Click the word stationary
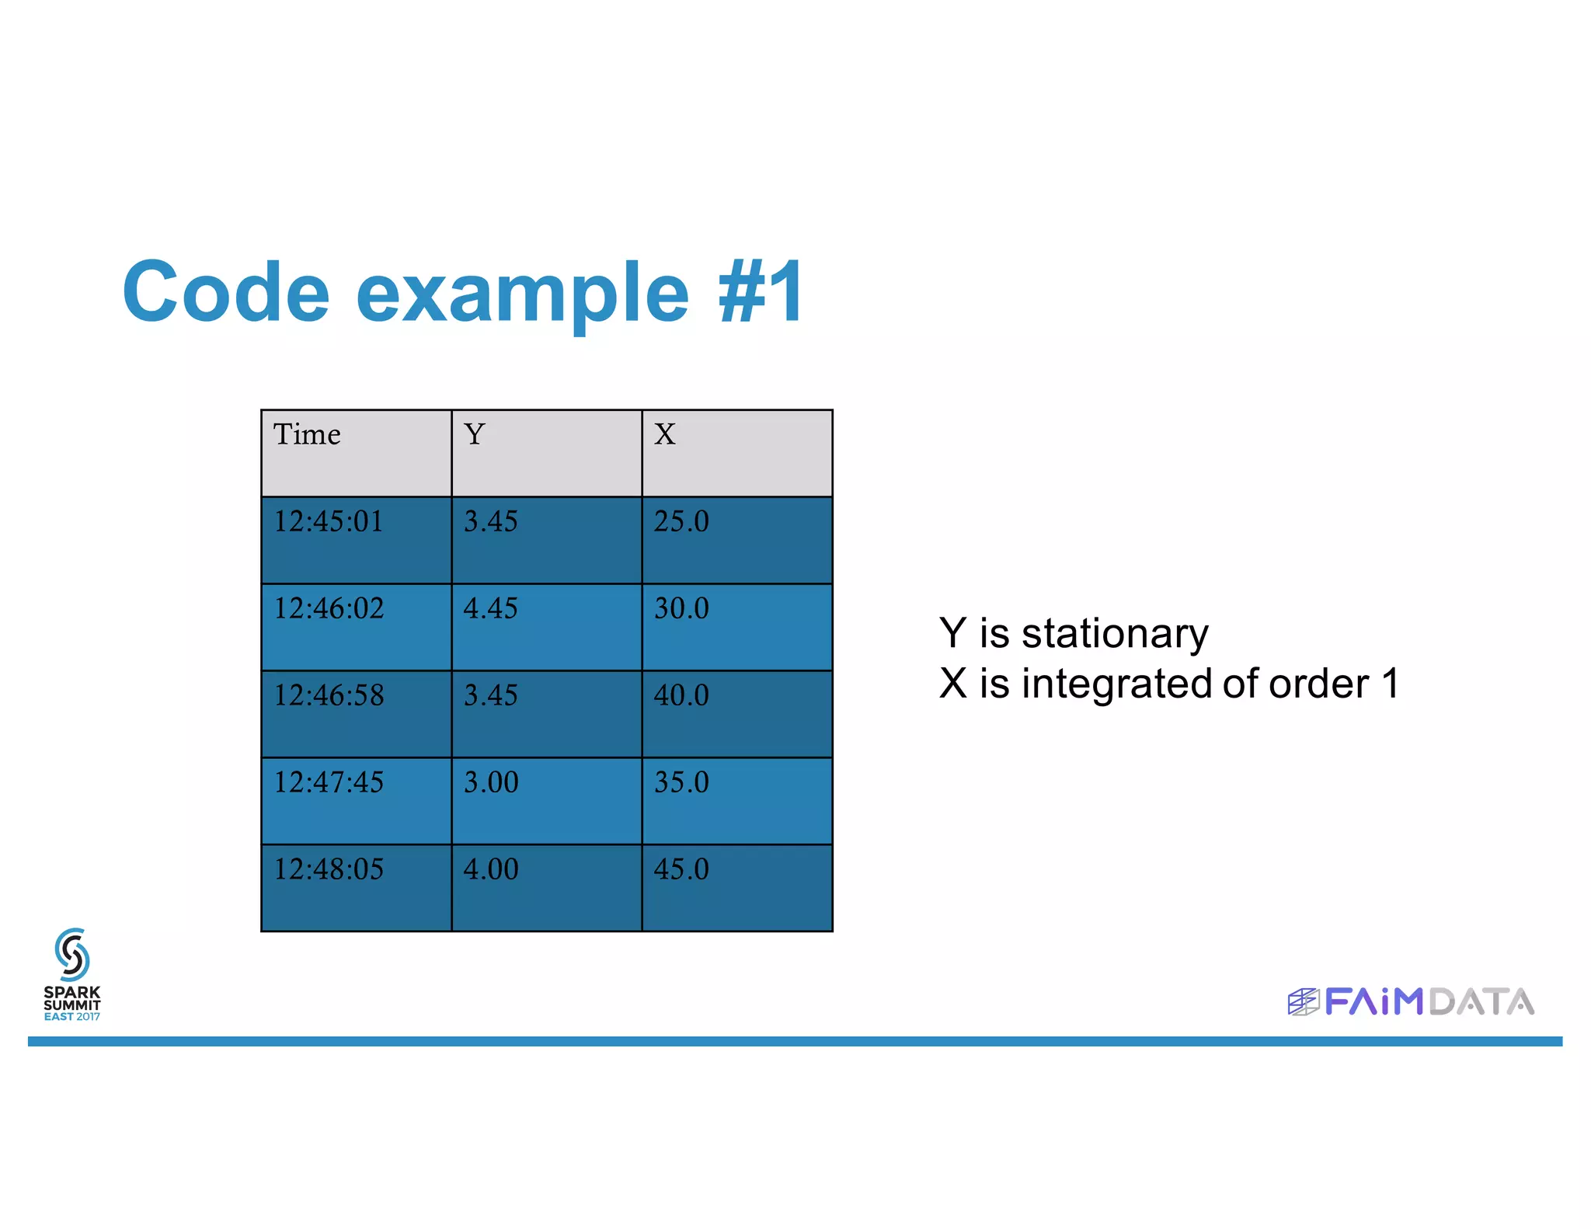(1115, 635)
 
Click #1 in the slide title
(761, 292)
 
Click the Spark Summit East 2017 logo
(72, 975)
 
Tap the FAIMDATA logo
(1411, 1002)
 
